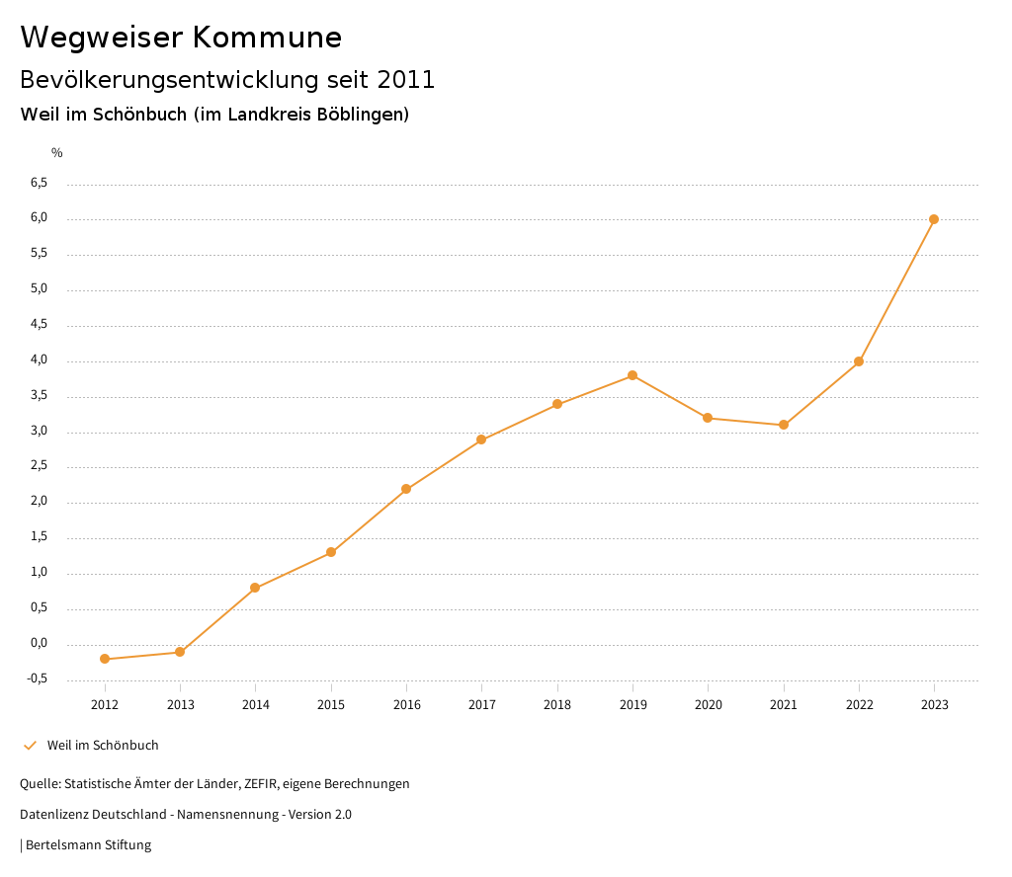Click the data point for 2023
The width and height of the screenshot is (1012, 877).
[934, 219]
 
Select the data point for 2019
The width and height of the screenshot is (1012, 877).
[632, 375]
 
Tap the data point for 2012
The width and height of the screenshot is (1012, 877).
[105, 659]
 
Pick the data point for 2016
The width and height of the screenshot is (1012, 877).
[406, 489]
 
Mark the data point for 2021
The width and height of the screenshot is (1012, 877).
[784, 425]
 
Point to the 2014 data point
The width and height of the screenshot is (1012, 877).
[255, 588]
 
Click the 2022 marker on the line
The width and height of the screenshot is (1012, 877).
[859, 361]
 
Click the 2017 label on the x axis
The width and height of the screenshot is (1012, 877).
[481, 704]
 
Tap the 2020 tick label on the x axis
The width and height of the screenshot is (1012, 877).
[708, 704]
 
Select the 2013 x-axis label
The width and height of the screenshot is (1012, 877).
[180, 704]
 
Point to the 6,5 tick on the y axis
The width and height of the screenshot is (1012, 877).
[39, 183]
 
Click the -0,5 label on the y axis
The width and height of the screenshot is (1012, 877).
[38, 678]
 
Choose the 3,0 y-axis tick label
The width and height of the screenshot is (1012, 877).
[39, 431]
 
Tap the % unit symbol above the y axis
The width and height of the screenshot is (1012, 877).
[57, 152]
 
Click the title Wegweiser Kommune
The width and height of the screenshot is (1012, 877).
[181, 38]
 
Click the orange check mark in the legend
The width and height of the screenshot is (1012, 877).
[30, 746]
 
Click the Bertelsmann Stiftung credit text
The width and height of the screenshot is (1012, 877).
[88, 845]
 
